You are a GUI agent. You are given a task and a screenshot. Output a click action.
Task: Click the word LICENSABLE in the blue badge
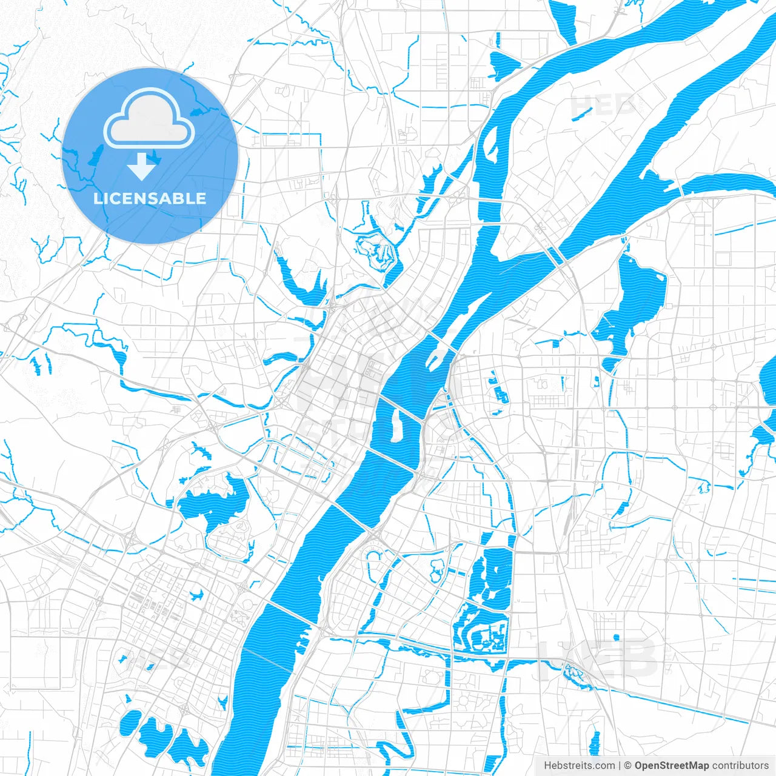[x=150, y=198]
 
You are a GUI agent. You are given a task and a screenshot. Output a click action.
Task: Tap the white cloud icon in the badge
[x=149, y=119]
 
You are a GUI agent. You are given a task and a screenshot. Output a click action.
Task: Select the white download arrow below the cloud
[x=142, y=166]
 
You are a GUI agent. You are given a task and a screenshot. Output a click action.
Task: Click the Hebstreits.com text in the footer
[x=579, y=766]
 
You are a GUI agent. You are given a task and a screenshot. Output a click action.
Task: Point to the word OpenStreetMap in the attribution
[x=671, y=766]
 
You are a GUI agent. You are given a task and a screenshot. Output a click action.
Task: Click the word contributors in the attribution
[x=740, y=766]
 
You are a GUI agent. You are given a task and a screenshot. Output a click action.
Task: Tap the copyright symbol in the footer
[x=628, y=766]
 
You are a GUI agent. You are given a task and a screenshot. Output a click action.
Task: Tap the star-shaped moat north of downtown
[x=376, y=252]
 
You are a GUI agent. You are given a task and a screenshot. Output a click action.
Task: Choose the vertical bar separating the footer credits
[x=620, y=766]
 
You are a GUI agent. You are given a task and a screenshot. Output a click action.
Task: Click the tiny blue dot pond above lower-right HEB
[x=616, y=637]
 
